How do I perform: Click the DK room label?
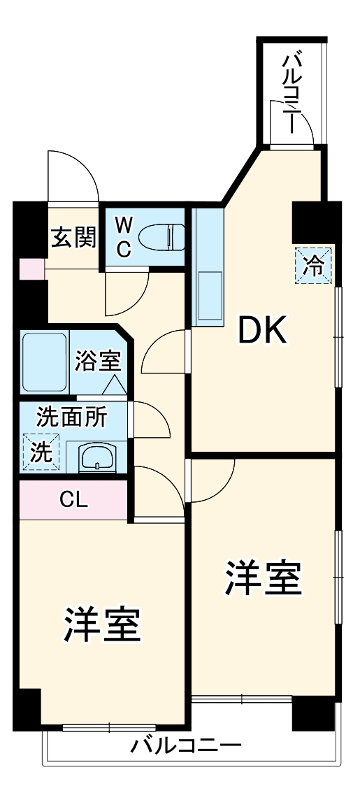click(262, 331)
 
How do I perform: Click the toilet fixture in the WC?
click(161, 238)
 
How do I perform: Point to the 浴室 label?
click(99, 361)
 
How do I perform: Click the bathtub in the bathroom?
click(44, 362)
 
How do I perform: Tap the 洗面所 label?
click(71, 417)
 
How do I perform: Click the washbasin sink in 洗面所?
click(97, 457)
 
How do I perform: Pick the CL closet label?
click(74, 499)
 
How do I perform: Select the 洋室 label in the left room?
click(103, 624)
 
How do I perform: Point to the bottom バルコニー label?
click(186, 745)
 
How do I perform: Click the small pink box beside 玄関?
click(30, 269)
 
